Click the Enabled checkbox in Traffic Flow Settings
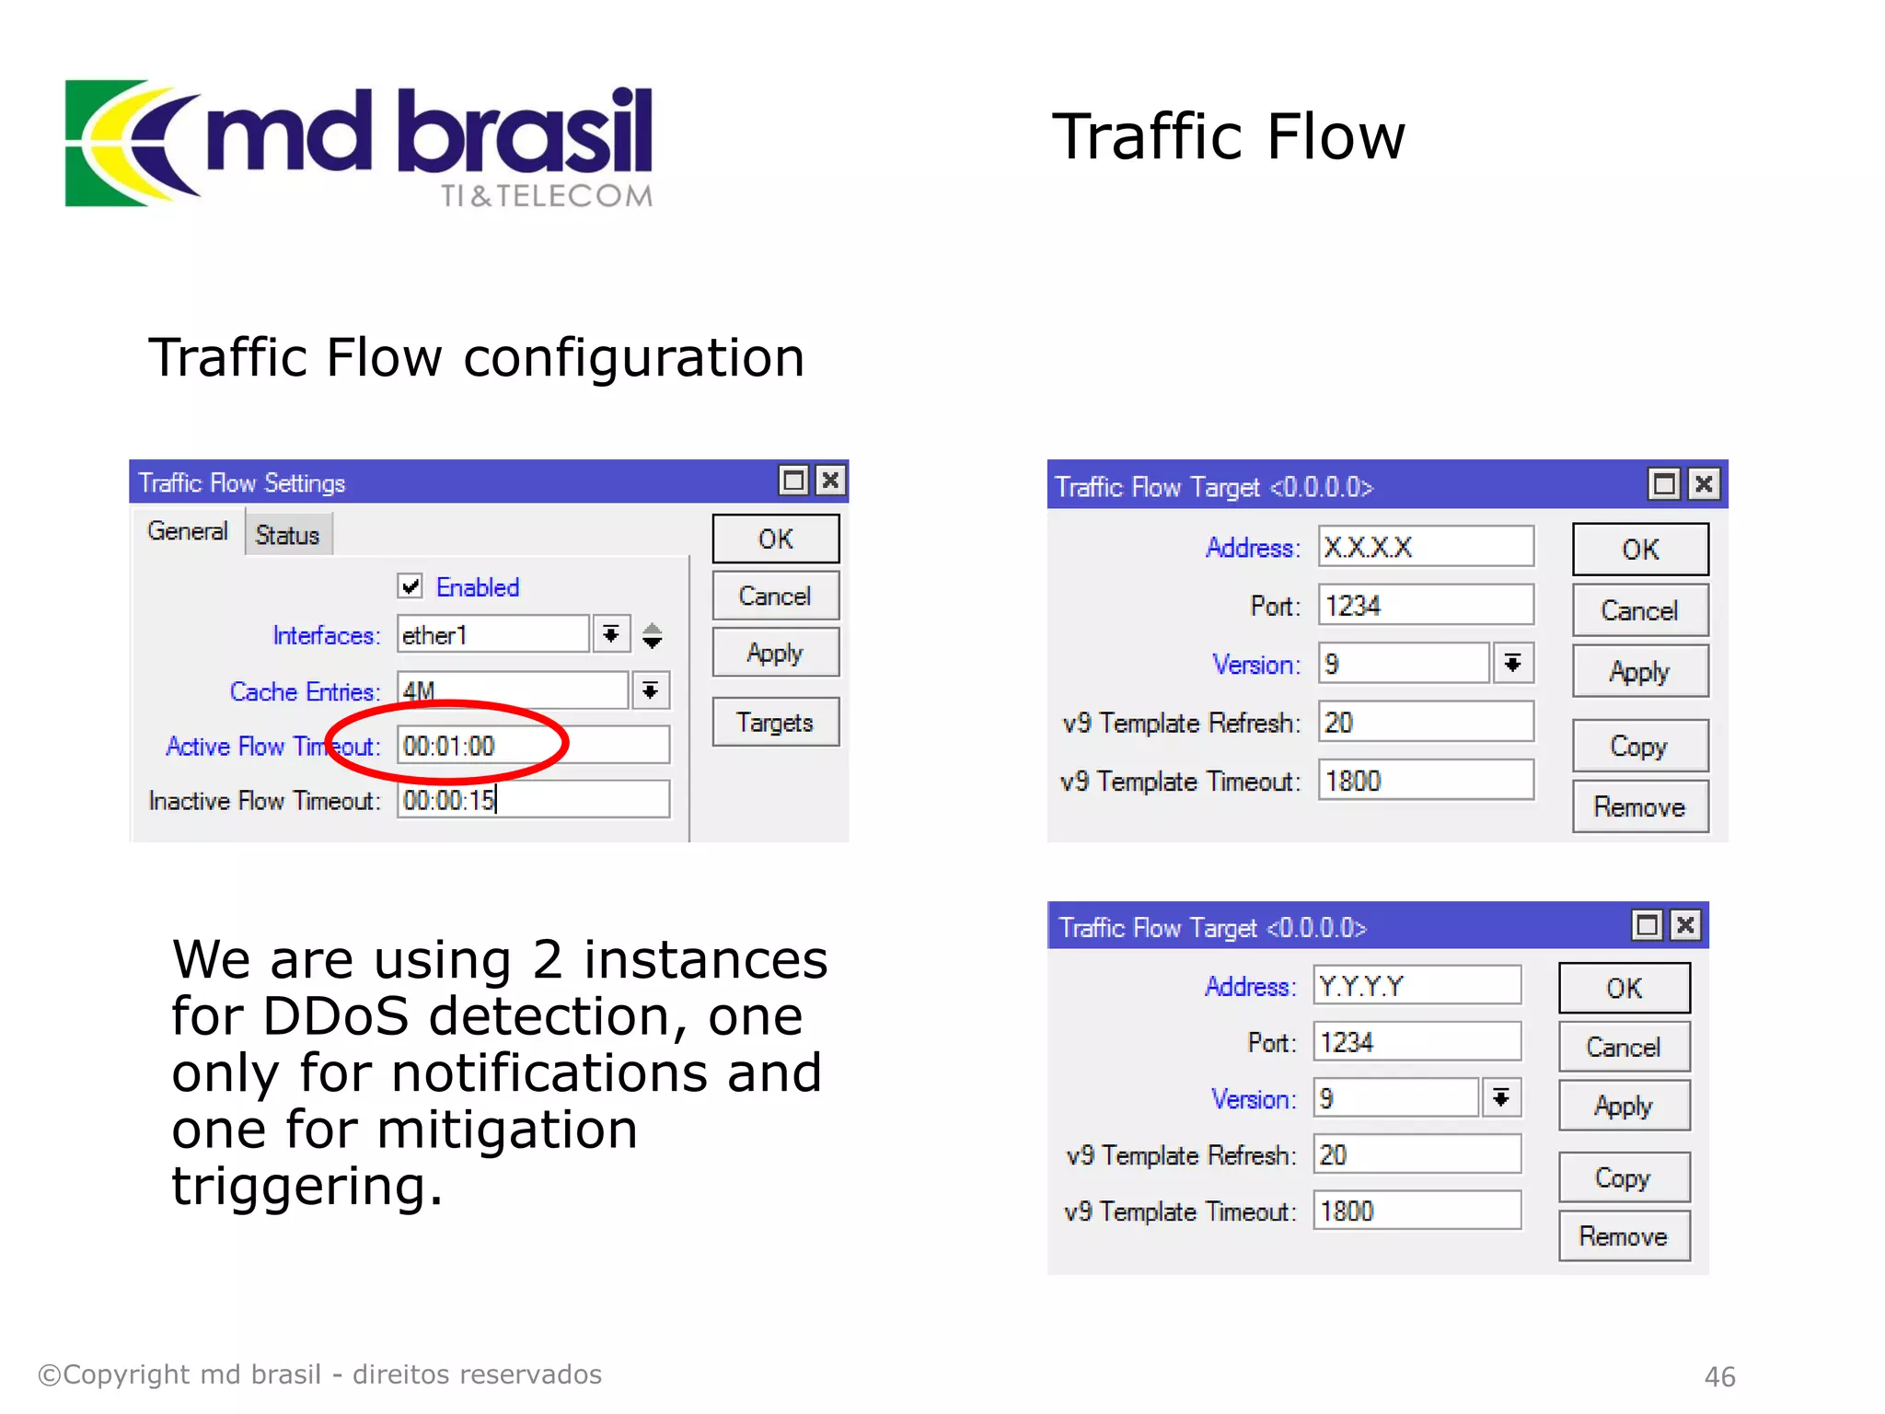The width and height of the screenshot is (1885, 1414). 411,586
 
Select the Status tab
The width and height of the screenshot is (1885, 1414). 287,535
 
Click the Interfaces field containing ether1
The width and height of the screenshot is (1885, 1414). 492,635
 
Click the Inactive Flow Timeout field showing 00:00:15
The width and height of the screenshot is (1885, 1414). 533,800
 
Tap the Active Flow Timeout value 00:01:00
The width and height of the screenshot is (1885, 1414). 449,746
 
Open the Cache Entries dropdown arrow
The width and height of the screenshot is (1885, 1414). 650,691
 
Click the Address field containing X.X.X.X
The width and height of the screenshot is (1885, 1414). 1425,548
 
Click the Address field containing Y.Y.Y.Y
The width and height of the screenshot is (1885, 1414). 1416,986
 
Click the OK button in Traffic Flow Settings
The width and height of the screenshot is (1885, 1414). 775,539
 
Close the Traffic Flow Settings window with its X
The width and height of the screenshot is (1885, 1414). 830,481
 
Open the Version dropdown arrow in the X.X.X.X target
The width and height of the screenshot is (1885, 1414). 1512,664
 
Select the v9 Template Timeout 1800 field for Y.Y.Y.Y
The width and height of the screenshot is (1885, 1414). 1416,1211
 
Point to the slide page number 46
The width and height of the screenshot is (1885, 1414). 1719,1376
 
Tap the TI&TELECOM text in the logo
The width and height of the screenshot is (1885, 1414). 547,196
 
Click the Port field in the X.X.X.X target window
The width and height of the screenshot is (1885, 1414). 1425,606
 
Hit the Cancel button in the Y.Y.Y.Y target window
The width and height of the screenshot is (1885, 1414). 1624,1047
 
